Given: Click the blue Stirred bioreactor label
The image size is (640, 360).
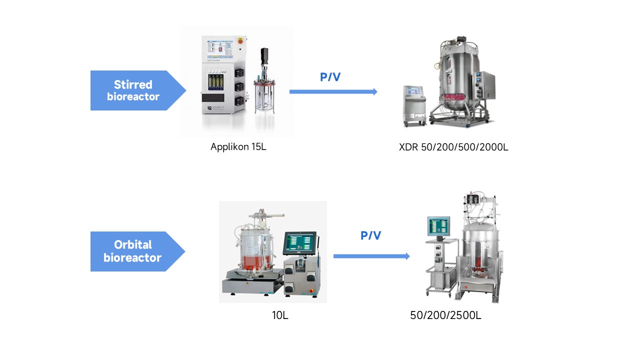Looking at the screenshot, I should [x=133, y=90].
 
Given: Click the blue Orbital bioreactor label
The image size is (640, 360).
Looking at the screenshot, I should [x=133, y=251].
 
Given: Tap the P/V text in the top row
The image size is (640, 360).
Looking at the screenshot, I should [x=330, y=77].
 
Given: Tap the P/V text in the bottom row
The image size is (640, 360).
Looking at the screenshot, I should [x=370, y=235].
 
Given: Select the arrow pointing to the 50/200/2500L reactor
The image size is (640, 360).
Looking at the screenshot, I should [x=371, y=256].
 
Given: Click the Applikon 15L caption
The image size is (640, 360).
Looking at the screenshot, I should [x=238, y=147].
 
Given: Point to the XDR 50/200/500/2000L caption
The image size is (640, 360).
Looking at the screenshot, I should [x=453, y=147].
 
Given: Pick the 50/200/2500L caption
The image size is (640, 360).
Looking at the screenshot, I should [x=446, y=315].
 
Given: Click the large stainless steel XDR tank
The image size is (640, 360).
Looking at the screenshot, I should [x=457, y=75].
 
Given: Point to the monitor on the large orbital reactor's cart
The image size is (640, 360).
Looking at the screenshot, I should [x=438, y=226].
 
